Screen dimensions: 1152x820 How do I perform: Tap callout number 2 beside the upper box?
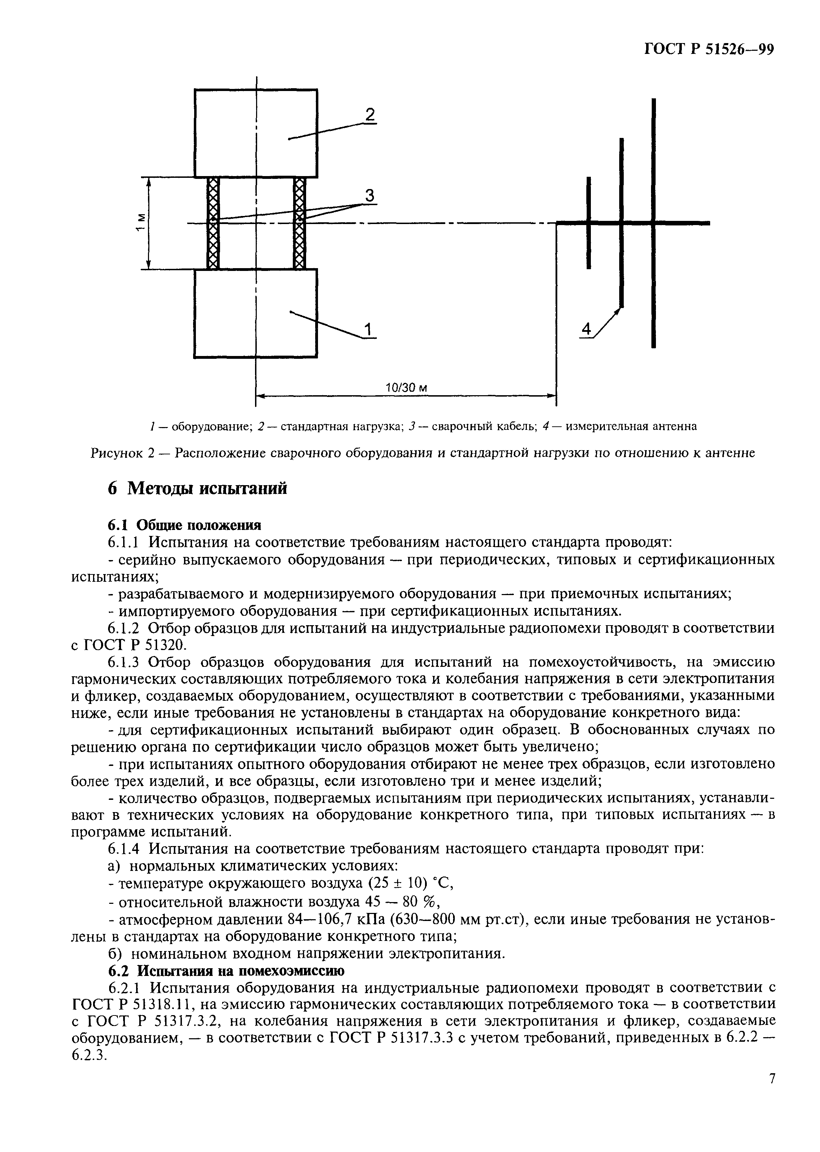pos(370,115)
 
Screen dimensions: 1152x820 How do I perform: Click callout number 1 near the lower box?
pos(369,329)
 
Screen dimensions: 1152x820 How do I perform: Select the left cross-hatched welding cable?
pos(213,223)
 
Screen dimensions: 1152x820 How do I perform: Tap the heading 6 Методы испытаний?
pos(197,488)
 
